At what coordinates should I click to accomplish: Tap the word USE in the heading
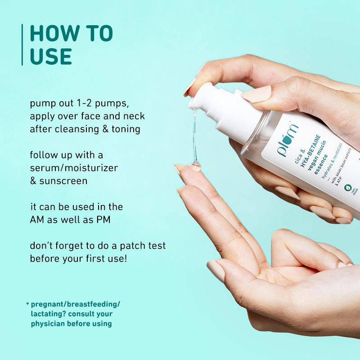pos(51,57)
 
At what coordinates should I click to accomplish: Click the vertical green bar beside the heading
pos(22,45)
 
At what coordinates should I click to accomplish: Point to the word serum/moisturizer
pos(74,168)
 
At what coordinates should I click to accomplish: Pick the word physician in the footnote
pos(49,323)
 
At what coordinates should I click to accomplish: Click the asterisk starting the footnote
pos(27,304)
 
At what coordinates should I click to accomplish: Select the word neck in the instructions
pos(135,116)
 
